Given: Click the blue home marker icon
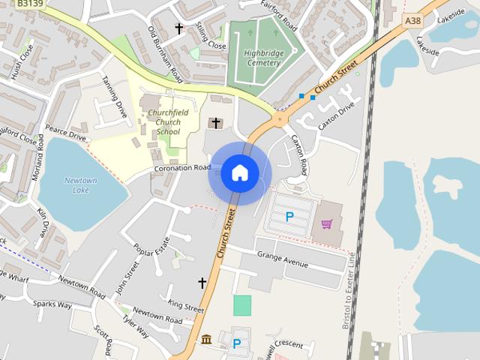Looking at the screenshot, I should tap(240, 173).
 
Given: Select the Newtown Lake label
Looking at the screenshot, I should tap(80, 185).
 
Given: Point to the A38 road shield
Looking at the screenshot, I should tap(412, 21).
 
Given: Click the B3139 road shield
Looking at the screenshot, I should tap(31, 4).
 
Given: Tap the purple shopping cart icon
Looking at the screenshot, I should tap(327, 223).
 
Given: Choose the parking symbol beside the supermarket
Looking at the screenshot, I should tap(289, 217).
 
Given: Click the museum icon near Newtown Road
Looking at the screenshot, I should tap(206, 340).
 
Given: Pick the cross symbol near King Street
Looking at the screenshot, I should tap(202, 283).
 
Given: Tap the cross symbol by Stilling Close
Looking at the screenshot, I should tap(178, 28).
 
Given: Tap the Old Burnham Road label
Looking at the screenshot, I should tap(165, 55).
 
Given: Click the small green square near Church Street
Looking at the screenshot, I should tap(242, 305).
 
